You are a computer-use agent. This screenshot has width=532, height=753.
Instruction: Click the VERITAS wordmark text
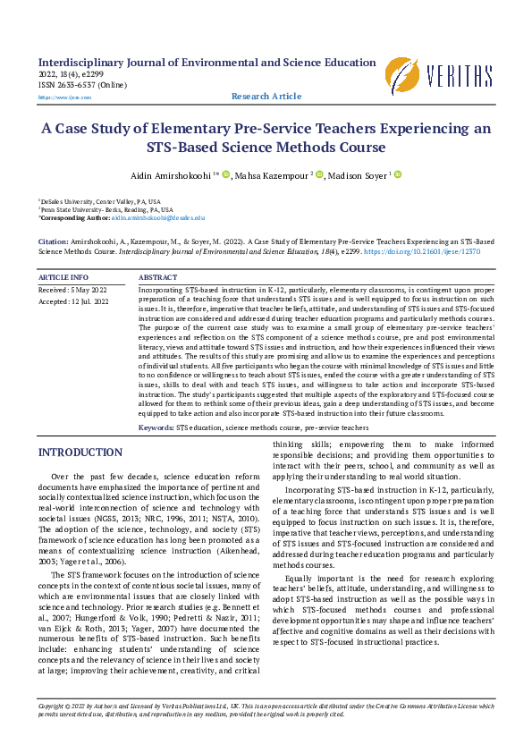(x=460, y=76)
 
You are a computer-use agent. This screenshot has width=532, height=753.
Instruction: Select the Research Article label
(x=266, y=97)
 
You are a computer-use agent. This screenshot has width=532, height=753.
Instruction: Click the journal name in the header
(x=207, y=63)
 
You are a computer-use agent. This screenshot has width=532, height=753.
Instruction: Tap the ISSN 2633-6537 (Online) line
(x=83, y=85)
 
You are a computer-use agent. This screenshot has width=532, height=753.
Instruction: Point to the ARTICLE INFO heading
(x=63, y=278)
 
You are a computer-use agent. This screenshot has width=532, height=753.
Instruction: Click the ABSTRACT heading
(x=158, y=278)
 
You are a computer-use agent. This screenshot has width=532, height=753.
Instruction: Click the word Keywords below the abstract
(x=156, y=428)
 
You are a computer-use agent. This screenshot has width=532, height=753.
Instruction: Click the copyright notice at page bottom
(x=266, y=710)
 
